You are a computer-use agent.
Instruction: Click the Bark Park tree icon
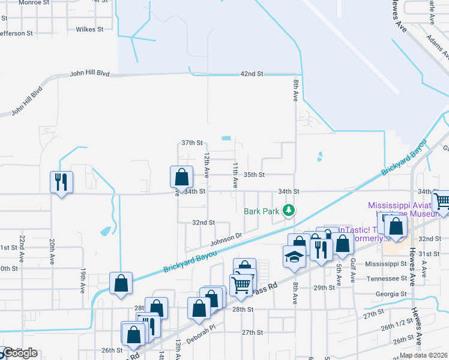click(x=290, y=209)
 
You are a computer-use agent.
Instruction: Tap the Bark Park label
click(x=262, y=211)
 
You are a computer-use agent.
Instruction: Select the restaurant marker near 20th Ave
click(x=61, y=181)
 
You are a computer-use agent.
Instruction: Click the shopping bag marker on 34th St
click(x=181, y=177)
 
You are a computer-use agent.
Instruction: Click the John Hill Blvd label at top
click(x=90, y=74)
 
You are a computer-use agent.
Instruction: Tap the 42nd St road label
click(x=252, y=74)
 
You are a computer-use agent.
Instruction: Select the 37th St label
click(x=193, y=143)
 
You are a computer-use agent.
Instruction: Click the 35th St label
click(x=254, y=175)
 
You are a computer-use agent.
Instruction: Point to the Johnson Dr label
click(x=226, y=241)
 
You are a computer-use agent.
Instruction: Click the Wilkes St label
click(x=90, y=29)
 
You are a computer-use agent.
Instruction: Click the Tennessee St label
click(x=387, y=278)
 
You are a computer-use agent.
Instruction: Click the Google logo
click(x=19, y=353)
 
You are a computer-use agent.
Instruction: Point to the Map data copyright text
click(x=424, y=355)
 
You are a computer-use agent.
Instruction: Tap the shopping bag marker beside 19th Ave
click(x=121, y=283)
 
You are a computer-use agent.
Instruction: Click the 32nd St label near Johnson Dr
click(x=203, y=223)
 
